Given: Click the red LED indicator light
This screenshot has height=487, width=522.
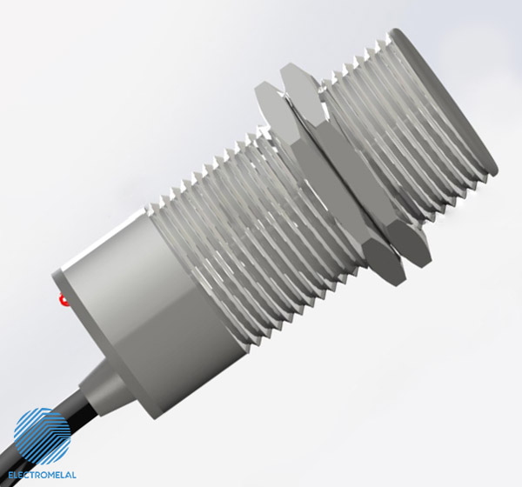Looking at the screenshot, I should (62, 301).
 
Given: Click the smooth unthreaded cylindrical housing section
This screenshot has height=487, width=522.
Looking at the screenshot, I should (130, 296).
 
